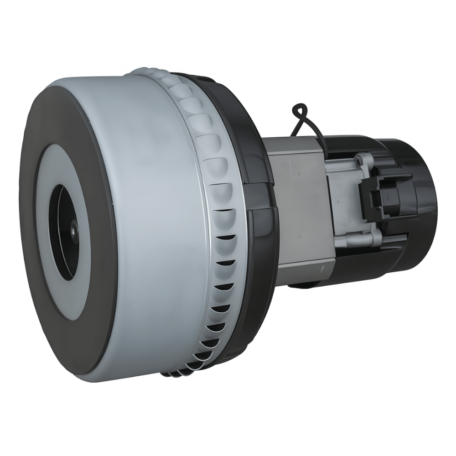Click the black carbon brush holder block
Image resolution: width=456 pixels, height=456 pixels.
tap(378, 196)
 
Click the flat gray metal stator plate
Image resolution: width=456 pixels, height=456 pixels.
tap(301, 205)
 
